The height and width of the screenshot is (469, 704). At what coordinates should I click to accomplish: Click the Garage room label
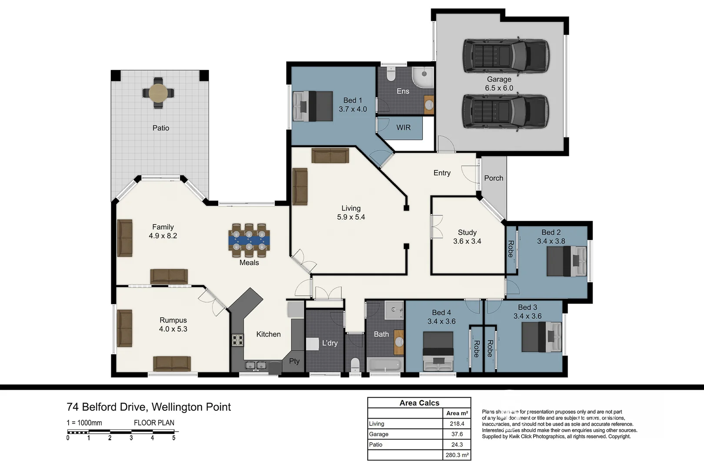click(499, 79)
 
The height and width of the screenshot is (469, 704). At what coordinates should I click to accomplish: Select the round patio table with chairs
click(158, 92)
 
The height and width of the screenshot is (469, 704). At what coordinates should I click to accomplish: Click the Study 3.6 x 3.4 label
click(467, 237)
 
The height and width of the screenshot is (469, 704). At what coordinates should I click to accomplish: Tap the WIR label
click(403, 128)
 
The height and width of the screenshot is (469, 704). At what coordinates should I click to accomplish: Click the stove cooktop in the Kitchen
click(237, 340)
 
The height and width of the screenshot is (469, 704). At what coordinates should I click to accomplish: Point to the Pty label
click(294, 361)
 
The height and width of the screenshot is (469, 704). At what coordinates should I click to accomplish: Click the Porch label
click(494, 178)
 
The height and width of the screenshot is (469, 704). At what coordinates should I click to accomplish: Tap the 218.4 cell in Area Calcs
click(457, 423)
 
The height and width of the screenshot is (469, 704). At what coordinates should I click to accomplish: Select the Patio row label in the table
click(376, 444)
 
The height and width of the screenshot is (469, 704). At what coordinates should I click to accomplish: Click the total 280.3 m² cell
click(457, 455)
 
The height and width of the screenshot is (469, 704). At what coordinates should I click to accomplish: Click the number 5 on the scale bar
click(174, 438)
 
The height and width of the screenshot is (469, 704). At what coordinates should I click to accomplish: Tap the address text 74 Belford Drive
click(107, 407)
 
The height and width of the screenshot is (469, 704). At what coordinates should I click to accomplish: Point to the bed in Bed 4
click(438, 351)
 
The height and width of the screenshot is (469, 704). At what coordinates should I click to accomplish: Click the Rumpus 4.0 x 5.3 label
click(173, 324)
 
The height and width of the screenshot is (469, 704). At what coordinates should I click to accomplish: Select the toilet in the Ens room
click(390, 74)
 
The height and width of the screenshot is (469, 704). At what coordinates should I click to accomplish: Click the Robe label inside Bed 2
click(511, 249)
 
